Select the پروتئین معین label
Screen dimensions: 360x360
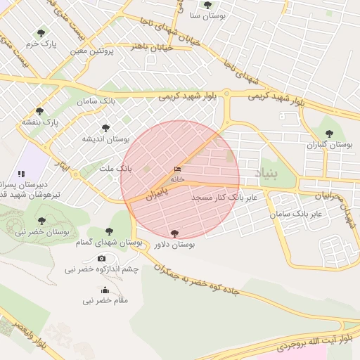[91, 51]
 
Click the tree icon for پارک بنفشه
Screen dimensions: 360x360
[39, 111]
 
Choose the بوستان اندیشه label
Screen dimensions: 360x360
[107, 139]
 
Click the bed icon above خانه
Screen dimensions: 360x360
[177, 169]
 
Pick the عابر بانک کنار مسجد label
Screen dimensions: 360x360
[224, 198]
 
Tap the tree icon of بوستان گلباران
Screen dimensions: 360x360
[328, 133]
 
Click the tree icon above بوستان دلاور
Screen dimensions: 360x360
[174, 233]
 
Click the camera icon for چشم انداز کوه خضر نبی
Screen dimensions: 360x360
[102, 258]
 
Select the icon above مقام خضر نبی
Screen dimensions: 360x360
[105, 290]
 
